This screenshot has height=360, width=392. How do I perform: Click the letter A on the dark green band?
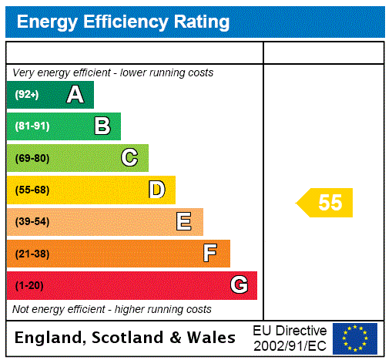point(75,95)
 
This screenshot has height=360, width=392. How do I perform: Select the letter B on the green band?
point(102,126)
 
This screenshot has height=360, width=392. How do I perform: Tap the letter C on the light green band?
point(129,158)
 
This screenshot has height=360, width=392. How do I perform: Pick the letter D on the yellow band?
point(156,190)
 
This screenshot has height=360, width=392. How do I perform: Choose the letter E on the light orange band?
point(183,222)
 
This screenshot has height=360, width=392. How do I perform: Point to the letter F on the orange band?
point(210,254)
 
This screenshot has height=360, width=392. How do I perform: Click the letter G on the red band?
point(239,285)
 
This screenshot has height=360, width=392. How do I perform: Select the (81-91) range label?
point(32,126)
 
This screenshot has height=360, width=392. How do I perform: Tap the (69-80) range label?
point(32,158)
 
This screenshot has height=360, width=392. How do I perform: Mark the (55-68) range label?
point(32,190)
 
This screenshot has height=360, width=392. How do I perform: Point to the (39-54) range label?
point(32,222)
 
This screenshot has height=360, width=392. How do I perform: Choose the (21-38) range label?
point(32,254)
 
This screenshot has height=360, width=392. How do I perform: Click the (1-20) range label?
point(29,285)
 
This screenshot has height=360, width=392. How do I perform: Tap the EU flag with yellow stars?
point(355,338)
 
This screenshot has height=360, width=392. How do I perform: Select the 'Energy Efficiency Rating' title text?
point(123,22)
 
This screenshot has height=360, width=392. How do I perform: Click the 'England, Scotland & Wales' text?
point(126,338)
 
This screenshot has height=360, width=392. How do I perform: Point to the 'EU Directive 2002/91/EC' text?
point(290,338)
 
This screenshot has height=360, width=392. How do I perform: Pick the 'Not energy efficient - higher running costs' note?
point(112,309)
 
